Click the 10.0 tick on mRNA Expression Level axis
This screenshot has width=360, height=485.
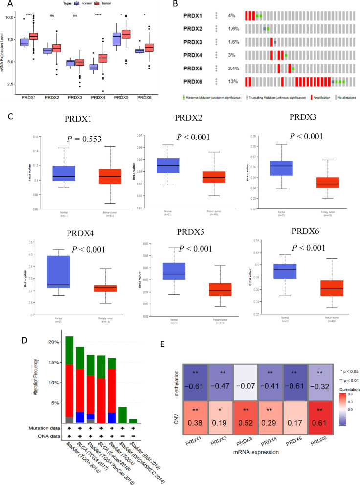pyautogui.click(x=13, y=18)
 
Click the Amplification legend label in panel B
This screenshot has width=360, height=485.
pyautogui.click(x=308, y=98)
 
